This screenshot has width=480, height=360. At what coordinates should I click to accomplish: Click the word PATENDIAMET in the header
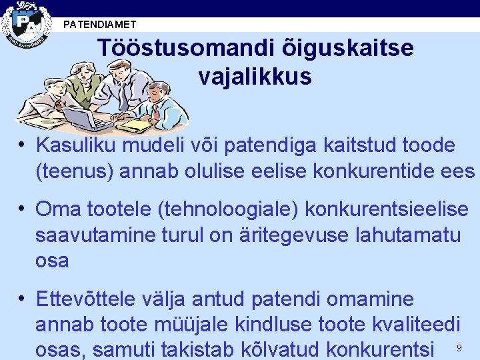tap(99, 25)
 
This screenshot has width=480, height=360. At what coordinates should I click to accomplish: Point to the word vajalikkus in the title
tap(255, 77)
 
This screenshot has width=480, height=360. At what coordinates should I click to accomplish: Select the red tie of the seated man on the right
tap(154, 111)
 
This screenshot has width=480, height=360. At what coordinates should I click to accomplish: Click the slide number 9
tap(459, 348)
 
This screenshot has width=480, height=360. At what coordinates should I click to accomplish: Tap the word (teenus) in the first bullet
tap(74, 171)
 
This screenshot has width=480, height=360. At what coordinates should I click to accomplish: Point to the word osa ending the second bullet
tap(51, 260)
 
